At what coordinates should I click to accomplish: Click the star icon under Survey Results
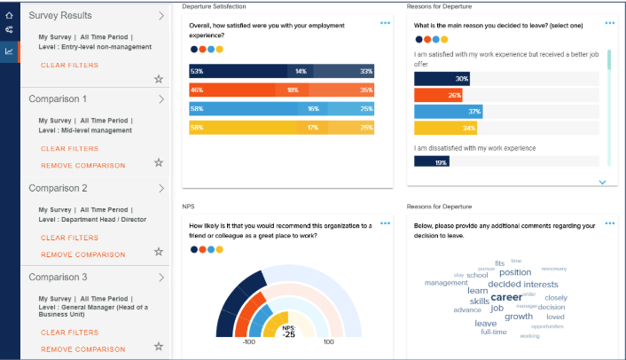[159, 79]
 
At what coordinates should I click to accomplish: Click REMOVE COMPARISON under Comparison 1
[82, 166]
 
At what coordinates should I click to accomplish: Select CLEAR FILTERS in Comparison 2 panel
[69, 238]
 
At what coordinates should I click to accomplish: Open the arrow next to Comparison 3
[160, 277]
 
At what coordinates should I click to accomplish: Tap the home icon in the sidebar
[9, 14]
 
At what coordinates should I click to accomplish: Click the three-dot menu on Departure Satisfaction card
[385, 23]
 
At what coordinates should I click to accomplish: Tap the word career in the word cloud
[506, 297]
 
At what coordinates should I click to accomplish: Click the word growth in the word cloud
[519, 317]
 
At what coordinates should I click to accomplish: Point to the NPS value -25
[288, 333]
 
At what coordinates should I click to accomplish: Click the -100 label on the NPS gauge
[248, 341]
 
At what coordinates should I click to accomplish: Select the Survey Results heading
[60, 16]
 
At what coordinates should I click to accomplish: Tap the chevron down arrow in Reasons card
[603, 182]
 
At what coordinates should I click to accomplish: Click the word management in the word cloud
[445, 283]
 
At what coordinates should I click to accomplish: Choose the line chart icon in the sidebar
[9, 51]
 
